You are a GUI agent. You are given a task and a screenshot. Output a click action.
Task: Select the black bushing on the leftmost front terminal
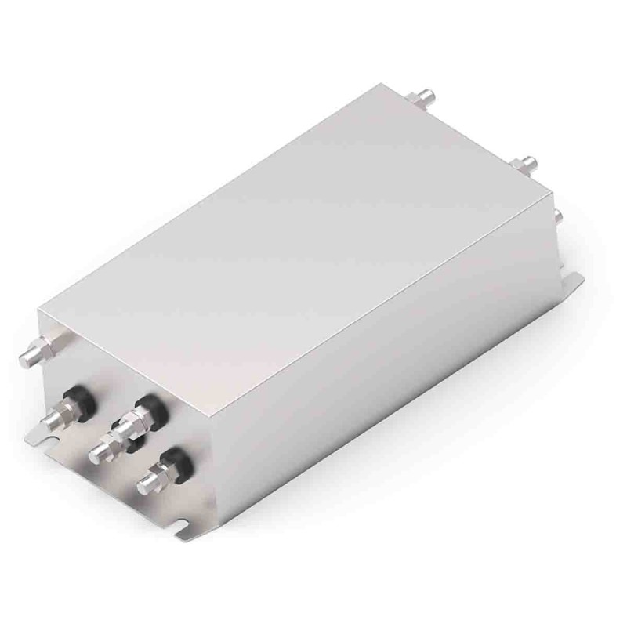click(x=83, y=400)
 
